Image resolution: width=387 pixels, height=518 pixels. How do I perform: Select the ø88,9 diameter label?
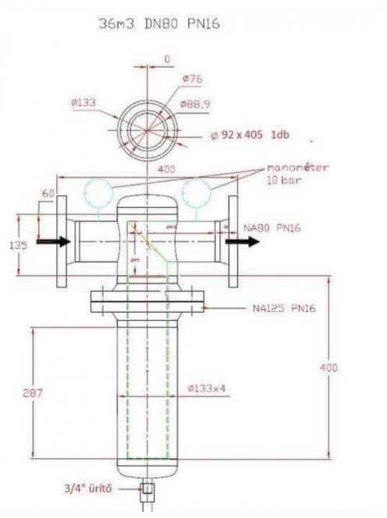pyautogui.click(x=197, y=104)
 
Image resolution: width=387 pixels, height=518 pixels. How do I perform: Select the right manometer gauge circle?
pyautogui.click(x=196, y=190)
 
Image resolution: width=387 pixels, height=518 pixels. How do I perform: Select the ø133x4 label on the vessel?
pyautogui.click(x=207, y=388)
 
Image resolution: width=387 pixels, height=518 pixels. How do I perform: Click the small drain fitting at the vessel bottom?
pyautogui.click(x=146, y=491)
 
